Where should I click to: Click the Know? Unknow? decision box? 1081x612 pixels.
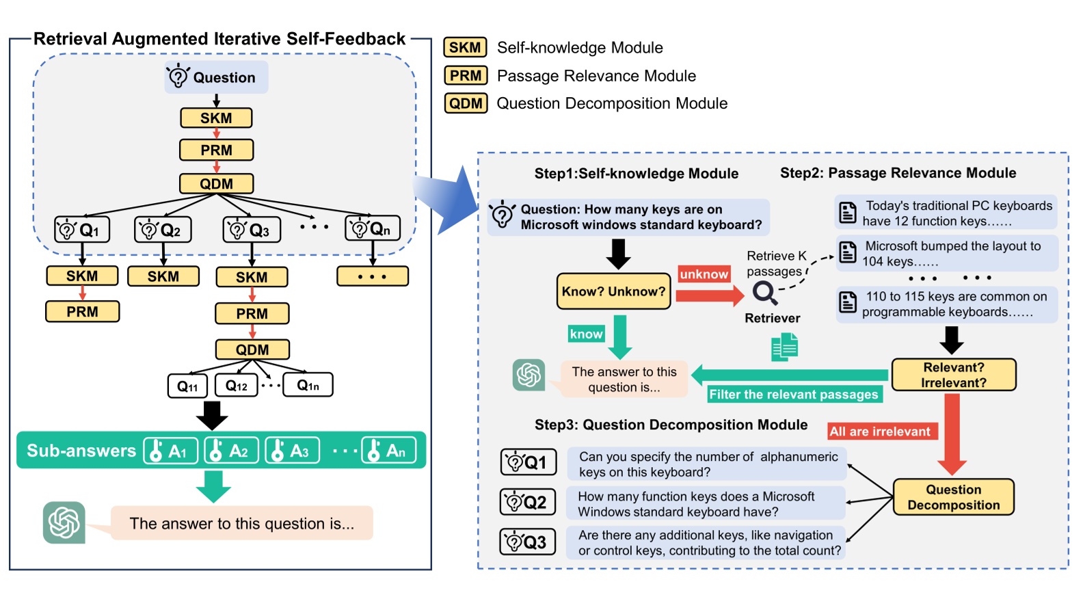click(613, 291)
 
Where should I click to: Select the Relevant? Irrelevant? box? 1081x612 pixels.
click(953, 375)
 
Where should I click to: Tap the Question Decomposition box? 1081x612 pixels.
click(953, 497)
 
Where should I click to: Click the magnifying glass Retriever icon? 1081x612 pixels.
click(764, 293)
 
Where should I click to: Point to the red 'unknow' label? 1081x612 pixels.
click(704, 274)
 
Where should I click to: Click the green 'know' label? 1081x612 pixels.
click(586, 334)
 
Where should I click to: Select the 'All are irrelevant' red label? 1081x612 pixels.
click(880, 431)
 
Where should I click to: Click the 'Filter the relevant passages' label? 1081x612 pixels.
click(793, 395)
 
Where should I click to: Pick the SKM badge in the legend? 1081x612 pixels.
click(465, 47)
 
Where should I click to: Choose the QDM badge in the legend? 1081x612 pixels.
click(466, 103)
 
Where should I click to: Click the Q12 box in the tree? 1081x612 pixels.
click(237, 386)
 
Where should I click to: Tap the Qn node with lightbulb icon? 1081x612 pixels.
click(372, 228)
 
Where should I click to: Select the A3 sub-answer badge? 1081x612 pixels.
click(292, 451)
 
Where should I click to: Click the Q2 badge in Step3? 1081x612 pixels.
click(527, 503)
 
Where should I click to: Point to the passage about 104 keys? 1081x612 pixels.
click(947, 254)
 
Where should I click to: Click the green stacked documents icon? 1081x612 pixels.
click(784, 347)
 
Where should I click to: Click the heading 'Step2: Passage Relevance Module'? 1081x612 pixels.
click(898, 173)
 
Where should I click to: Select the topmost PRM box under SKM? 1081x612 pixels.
click(216, 150)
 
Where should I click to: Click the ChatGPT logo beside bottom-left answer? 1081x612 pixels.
click(64, 523)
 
